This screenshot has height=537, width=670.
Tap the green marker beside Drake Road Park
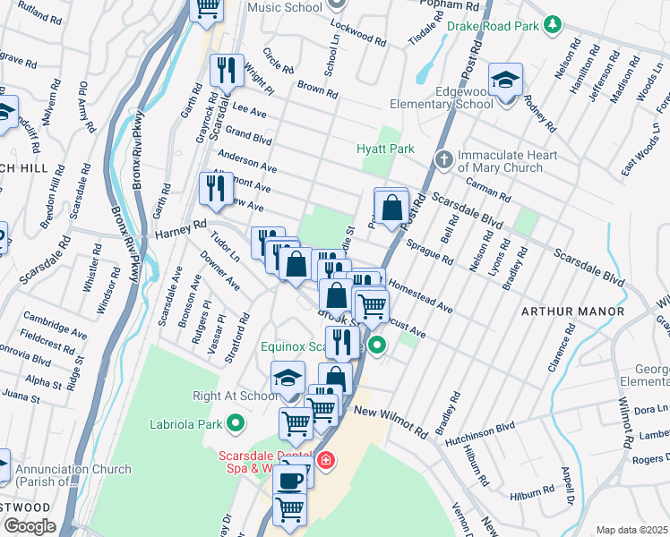[x=554, y=25]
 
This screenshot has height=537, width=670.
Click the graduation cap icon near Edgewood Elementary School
[x=505, y=81]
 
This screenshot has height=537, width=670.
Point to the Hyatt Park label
[x=385, y=148]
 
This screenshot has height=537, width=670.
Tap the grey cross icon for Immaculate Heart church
[x=442, y=160]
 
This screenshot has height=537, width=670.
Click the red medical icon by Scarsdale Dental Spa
[x=328, y=461]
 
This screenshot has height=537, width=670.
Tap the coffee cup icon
[x=288, y=481]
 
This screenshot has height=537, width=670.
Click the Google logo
[x=30, y=526]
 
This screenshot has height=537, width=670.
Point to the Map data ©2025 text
[x=631, y=530]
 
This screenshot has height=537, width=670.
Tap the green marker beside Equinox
[x=378, y=345]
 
